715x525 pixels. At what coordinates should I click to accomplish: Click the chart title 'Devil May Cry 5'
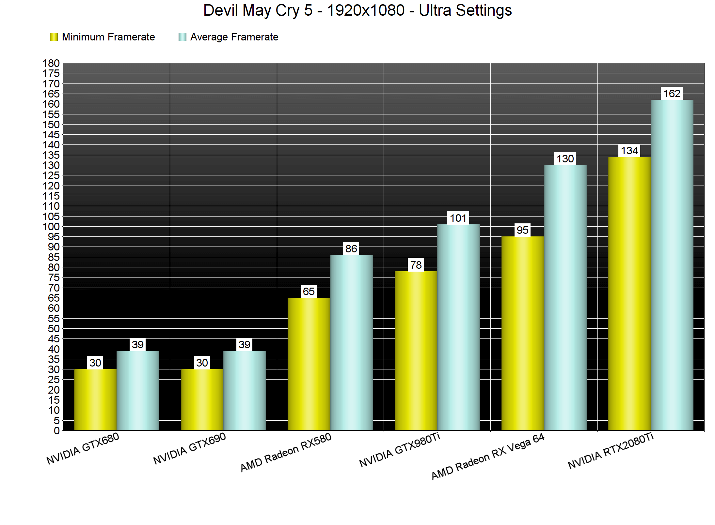357,10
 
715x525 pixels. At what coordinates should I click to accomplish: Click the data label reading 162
672,94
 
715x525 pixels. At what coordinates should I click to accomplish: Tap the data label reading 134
629,151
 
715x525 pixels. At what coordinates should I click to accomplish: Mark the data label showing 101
458,218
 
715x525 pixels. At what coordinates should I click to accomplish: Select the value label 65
309,291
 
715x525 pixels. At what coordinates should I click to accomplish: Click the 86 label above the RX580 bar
351,249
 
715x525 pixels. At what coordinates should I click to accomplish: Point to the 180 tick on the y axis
51,63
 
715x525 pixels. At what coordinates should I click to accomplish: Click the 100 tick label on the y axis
51,226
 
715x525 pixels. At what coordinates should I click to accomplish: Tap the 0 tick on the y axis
57,431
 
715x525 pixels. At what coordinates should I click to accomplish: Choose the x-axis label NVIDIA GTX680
83,448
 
